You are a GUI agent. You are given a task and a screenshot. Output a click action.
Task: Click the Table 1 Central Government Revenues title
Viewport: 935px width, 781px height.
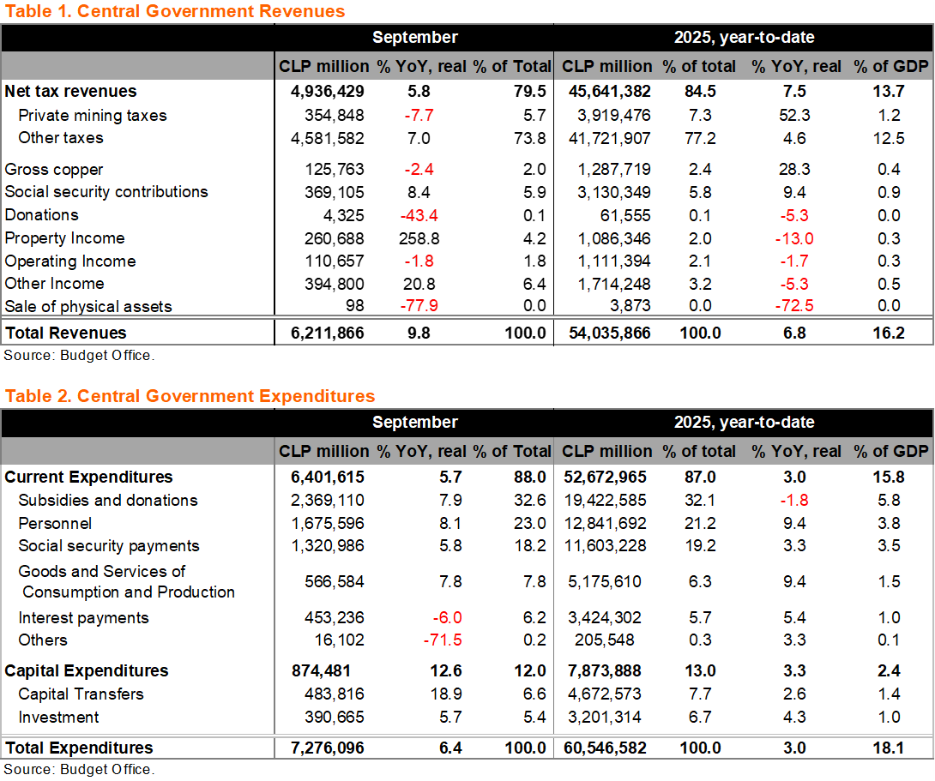click(x=175, y=11)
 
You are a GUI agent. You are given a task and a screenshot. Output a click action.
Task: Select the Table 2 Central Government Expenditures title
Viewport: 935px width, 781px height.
click(x=190, y=396)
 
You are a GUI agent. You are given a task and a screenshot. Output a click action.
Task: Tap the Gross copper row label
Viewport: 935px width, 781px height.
click(x=54, y=170)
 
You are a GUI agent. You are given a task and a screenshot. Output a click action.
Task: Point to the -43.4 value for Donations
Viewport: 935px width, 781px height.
click(x=419, y=215)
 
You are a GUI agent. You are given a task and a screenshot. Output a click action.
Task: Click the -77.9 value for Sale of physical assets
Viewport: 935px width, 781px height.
click(x=419, y=307)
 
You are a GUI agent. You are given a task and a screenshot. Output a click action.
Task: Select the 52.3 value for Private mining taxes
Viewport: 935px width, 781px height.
click(x=794, y=116)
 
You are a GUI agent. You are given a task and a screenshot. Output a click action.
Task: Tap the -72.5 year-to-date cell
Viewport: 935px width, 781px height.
click(x=793, y=307)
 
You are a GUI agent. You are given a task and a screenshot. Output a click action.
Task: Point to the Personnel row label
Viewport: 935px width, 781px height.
click(x=55, y=524)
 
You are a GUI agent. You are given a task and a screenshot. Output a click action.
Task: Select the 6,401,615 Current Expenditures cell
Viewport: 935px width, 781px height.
click(x=323, y=478)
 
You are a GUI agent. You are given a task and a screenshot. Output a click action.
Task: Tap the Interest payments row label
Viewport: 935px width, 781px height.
click(x=83, y=618)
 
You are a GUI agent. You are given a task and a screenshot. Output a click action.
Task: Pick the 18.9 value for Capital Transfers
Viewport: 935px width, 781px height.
click(x=449, y=694)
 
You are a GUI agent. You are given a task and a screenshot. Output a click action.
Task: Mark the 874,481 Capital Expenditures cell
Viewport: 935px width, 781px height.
click(x=327, y=671)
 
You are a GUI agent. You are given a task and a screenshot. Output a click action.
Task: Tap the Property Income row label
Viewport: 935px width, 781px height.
click(x=64, y=238)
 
